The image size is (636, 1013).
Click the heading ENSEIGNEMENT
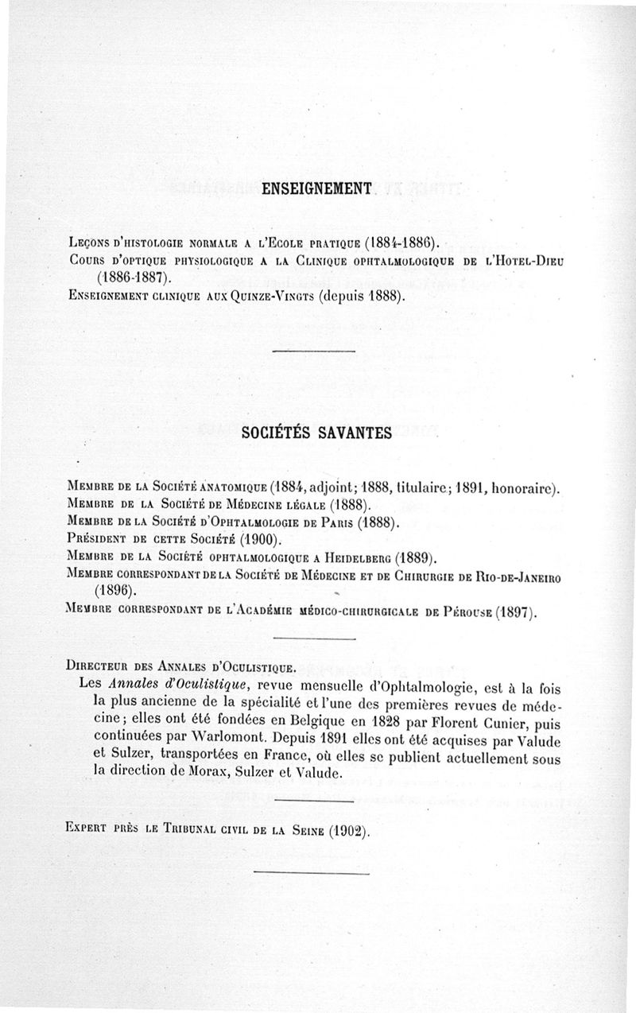[x=317, y=188]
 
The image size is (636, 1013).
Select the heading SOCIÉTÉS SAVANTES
[x=316, y=433]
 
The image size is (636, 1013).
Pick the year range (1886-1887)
[x=133, y=278]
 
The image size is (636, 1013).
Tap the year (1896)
[x=115, y=592]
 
